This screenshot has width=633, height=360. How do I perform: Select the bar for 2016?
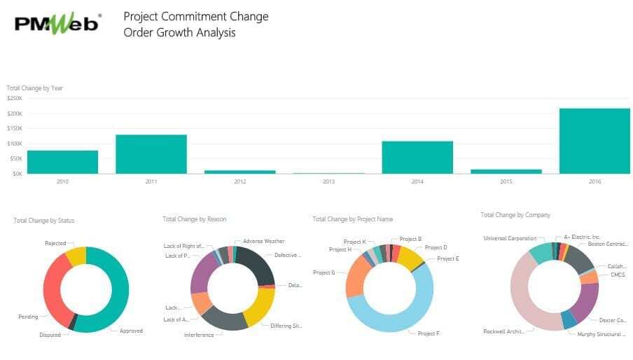coord(594,141)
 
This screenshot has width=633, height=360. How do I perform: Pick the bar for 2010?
coord(62,162)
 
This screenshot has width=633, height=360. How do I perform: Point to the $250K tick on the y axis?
coord(14,99)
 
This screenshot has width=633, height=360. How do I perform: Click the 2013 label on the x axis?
coord(328,181)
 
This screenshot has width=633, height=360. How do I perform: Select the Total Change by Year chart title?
coord(35,88)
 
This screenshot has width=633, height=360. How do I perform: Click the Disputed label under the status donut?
coord(50,335)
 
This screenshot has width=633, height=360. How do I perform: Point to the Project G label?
coord(324,272)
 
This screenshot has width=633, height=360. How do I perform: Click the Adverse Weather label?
coord(263,241)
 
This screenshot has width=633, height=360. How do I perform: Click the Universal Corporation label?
coord(510,238)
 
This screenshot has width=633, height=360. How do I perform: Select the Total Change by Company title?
coord(515,215)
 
